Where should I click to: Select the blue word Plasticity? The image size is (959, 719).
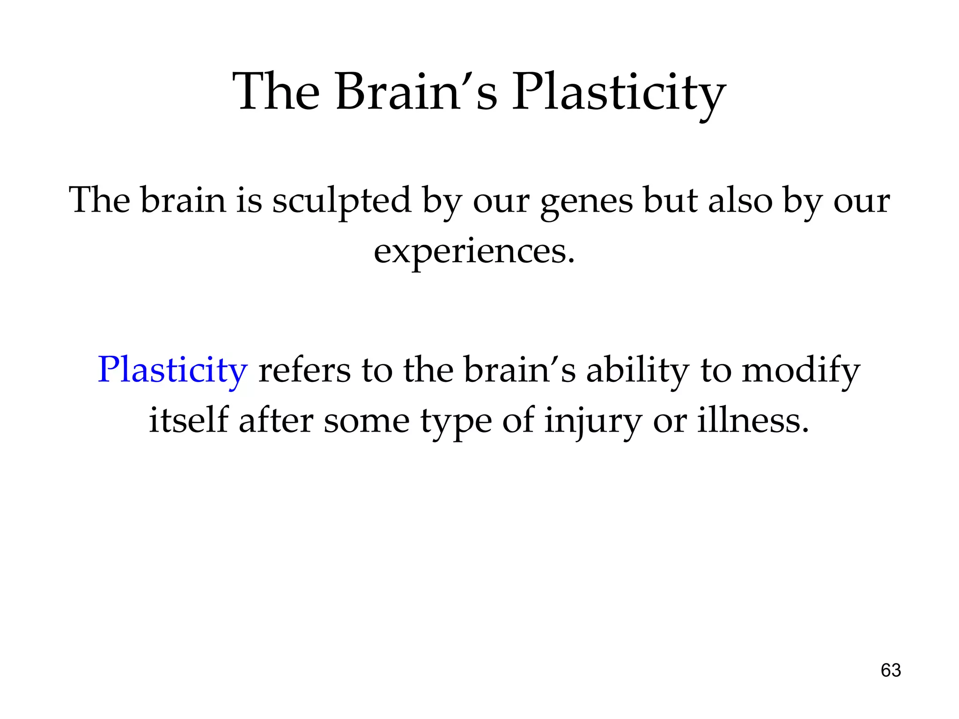[172, 370]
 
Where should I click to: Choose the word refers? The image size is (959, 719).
[304, 370]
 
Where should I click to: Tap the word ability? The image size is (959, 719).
[637, 370]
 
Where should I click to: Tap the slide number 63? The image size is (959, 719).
[891, 670]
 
